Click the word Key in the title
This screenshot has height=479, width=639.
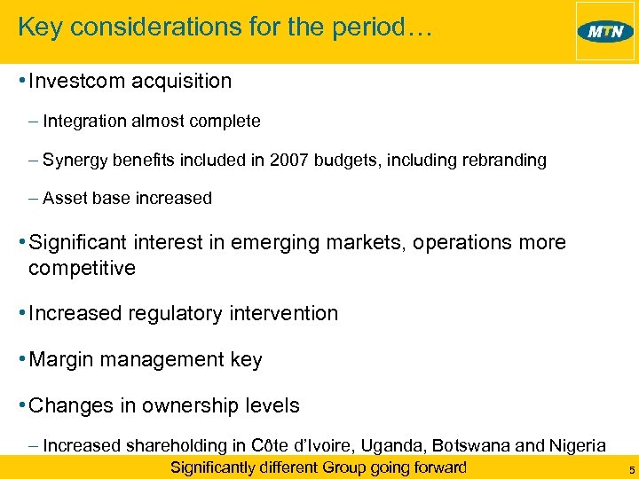[x=37, y=27]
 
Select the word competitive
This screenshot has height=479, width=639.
[x=82, y=268]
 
